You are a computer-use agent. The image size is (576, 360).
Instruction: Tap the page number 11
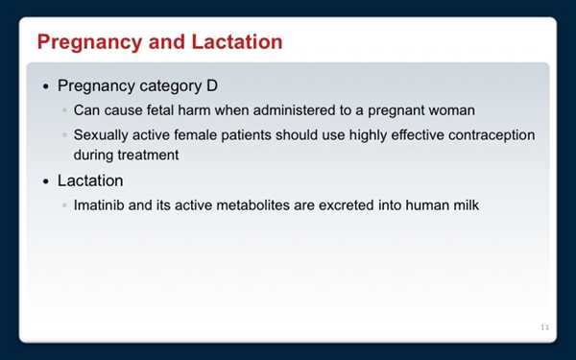pos(544,328)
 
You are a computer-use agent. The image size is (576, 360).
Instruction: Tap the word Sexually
pos(104,134)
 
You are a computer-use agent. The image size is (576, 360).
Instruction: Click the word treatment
pos(148,154)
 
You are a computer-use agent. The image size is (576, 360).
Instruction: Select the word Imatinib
pos(103,204)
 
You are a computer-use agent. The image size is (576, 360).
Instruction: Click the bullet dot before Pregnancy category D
pos(46,85)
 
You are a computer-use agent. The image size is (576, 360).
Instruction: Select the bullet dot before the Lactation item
pos(46,180)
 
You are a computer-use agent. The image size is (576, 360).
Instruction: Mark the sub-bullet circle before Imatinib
pos(64,205)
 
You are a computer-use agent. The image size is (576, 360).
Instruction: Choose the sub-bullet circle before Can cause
pos(64,110)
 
